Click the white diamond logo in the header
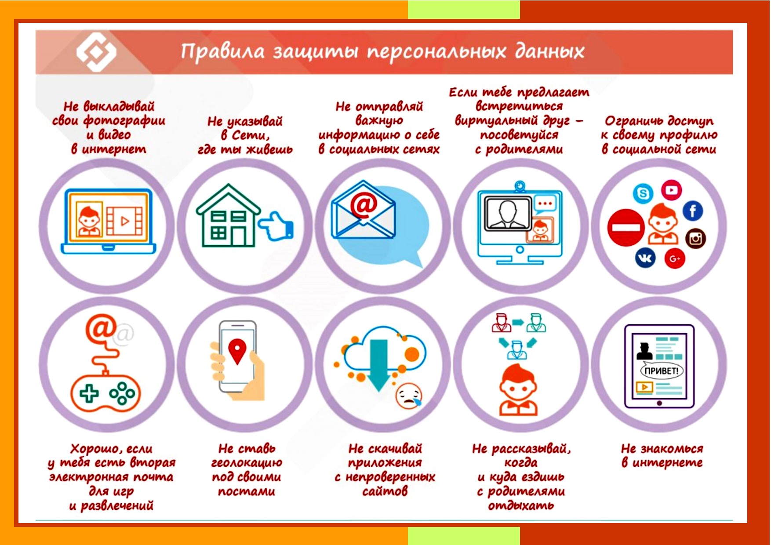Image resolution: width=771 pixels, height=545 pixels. (96, 52)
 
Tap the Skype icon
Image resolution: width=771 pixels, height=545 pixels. (643, 193)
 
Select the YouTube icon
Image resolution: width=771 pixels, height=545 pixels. (671, 190)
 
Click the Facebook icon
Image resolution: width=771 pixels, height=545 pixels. (693, 211)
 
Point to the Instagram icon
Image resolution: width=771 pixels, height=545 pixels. (695, 239)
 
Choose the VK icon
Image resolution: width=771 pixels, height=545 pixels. (645, 258)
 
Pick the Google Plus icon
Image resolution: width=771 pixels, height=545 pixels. (675, 258)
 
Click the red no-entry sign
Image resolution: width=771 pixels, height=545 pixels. (626, 228)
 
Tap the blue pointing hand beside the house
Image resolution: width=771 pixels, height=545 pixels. (276, 226)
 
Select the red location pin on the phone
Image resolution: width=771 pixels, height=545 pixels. (237, 351)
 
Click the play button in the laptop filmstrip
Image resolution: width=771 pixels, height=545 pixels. (125, 221)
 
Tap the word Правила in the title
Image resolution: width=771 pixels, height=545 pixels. (222, 52)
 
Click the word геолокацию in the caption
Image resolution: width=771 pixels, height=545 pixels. (247, 463)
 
